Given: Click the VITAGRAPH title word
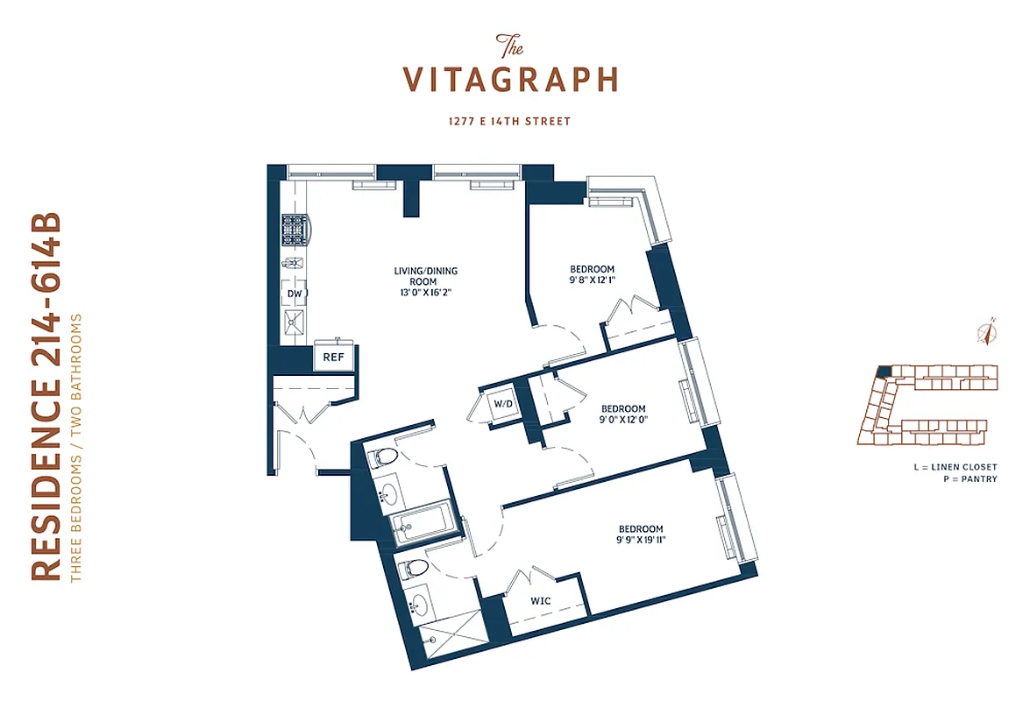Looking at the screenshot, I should click(x=511, y=79).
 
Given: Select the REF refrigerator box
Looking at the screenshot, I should click(x=333, y=357).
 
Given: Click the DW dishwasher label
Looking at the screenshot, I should click(x=295, y=294).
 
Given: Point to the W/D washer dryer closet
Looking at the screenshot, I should click(x=502, y=405).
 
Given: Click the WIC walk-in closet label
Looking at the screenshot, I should click(x=541, y=602).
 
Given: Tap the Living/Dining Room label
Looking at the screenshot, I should click(x=425, y=276).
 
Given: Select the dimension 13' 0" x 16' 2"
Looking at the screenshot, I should click(x=425, y=294).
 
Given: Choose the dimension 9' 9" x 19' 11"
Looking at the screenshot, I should click(x=641, y=541).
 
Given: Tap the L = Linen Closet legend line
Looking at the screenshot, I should click(x=955, y=468).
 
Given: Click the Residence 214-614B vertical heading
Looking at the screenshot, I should click(x=48, y=395).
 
